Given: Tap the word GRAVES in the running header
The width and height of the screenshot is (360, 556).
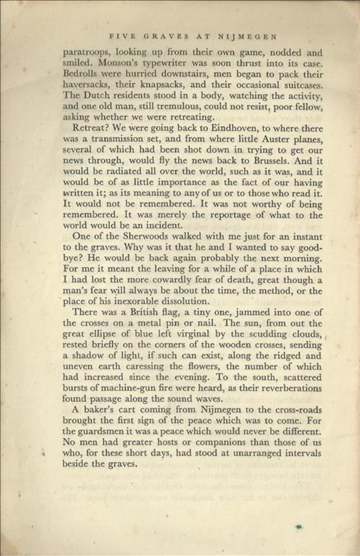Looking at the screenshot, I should pos(166,37).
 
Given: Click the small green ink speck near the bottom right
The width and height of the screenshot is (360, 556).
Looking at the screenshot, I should pos(299,526).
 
